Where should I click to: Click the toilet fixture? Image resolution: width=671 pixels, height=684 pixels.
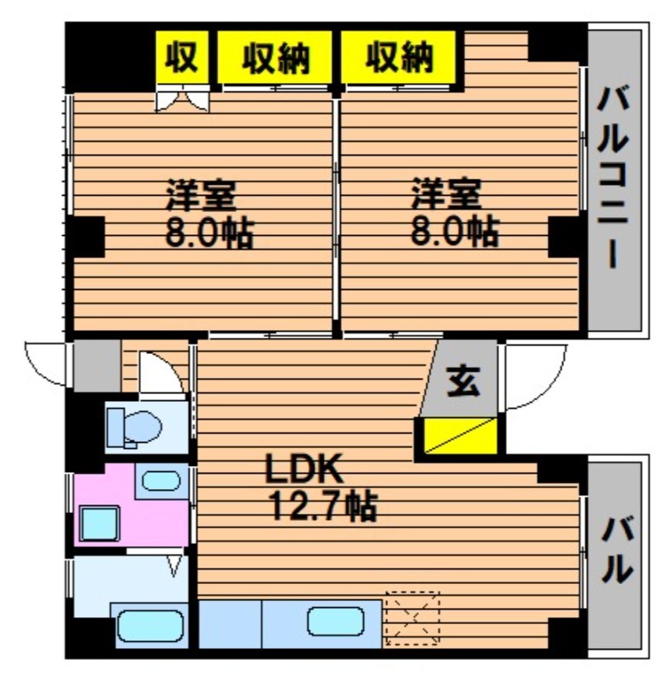pyautogui.click(x=134, y=428)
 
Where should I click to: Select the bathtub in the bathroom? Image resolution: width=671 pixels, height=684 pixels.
pyautogui.click(x=150, y=626)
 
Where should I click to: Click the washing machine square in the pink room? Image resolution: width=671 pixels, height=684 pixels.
pyautogui.click(x=100, y=523)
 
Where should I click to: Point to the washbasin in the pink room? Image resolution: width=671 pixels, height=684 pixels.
pyautogui.click(x=161, y=481)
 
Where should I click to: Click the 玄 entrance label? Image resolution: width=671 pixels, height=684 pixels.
pyautogui.click(x=463, y=380)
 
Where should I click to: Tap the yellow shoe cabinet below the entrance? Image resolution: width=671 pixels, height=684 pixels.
pyautogui.click(x=461, y=435)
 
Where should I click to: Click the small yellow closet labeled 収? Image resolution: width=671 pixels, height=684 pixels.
pyautogui.click(x=182, y=57)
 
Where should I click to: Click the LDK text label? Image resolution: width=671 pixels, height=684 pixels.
pyautogui.click(x=304, y=468)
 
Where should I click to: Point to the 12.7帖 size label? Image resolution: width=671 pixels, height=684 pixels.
pyautogui.click(x=323, y=506)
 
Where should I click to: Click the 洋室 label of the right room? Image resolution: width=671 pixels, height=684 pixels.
pyautogui.click(x=446, y=194)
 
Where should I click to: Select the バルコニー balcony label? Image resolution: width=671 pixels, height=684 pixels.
pyautogui.click(x=613, y=177)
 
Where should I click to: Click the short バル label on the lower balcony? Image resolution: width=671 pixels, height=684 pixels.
pyautogui.click(x=616, y=550)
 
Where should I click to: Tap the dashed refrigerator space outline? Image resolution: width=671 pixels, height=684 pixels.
pyautogui.click(x=413, y=618)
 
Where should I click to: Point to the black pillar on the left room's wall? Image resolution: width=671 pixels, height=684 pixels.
pyautogui.click(x=85, y=237)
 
